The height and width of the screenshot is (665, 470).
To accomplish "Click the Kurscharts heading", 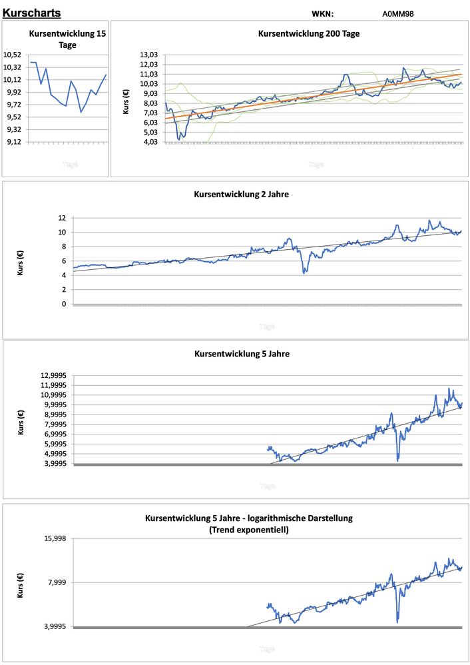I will pyautogui.click(x=31, y=13).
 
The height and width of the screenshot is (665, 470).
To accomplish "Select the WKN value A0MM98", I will pyautogui.click(x=398, y=13).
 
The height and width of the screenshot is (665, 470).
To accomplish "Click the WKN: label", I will pyautogui.click(x=322, y=13).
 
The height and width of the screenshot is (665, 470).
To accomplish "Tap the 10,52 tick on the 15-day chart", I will pyautogui.click(x=13, y=55).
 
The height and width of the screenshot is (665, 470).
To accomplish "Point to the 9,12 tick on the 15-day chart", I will pyautogui.click(x=13, y=142).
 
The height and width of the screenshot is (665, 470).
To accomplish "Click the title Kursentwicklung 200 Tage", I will pyautogui.click(x=309, y=33).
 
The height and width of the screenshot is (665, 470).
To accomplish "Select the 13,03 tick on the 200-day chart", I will pyautogui.click(x=148, y=55).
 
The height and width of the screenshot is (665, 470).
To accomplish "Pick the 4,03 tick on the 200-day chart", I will pyautogui.click(x=148, y=142).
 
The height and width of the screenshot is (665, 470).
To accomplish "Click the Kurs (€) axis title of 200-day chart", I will pyautogui.click(x=126, y=99).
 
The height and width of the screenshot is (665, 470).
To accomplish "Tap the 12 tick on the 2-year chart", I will pyautogui.click(x=62, y=218).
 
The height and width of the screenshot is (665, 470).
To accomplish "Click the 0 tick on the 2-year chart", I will pyautogui.click(x=64, y=304).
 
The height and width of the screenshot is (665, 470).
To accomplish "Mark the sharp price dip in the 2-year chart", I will pyautogui.click(x=305, y=270).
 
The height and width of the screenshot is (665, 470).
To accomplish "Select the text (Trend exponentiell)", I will pyautogui.click(x=248, y=530).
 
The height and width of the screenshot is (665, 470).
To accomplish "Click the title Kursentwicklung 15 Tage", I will pyautogui.click(x=67, y=39).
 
